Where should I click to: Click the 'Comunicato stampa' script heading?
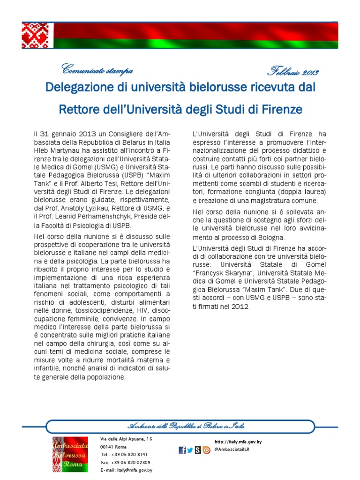tap(97, 71)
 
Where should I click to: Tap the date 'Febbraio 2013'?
tap(293, 72)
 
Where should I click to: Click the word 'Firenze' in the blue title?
tap(279, 110)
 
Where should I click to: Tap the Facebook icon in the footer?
tap(182, 450)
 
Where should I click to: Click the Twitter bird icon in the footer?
tap(190, 450)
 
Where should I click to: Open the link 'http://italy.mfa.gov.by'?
tap(238, 442)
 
